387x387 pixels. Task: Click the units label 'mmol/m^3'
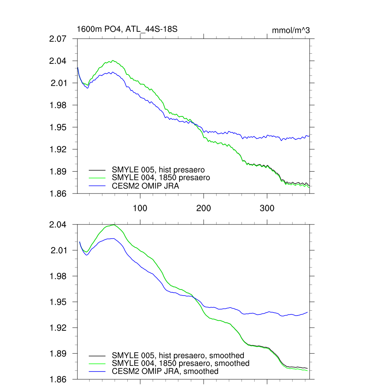291,30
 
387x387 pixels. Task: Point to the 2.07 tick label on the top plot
59,39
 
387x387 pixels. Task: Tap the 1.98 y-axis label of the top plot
59,105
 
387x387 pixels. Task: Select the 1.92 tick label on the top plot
59,149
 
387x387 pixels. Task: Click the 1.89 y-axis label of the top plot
59,172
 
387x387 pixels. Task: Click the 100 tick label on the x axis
140,208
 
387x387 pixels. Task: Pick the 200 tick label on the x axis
204,208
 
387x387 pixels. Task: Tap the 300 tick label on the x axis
267,208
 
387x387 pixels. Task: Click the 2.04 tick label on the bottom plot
59,225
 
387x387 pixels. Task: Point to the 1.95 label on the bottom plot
59,302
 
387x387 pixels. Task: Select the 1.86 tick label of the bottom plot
59,379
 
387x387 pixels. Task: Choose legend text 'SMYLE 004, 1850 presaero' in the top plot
161,177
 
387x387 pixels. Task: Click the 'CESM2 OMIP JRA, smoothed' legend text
165,371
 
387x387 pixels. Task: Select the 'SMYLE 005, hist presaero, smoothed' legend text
178,355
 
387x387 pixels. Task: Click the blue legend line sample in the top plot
98,186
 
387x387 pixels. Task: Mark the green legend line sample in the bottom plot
98,363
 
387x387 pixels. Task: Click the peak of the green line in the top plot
113,60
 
